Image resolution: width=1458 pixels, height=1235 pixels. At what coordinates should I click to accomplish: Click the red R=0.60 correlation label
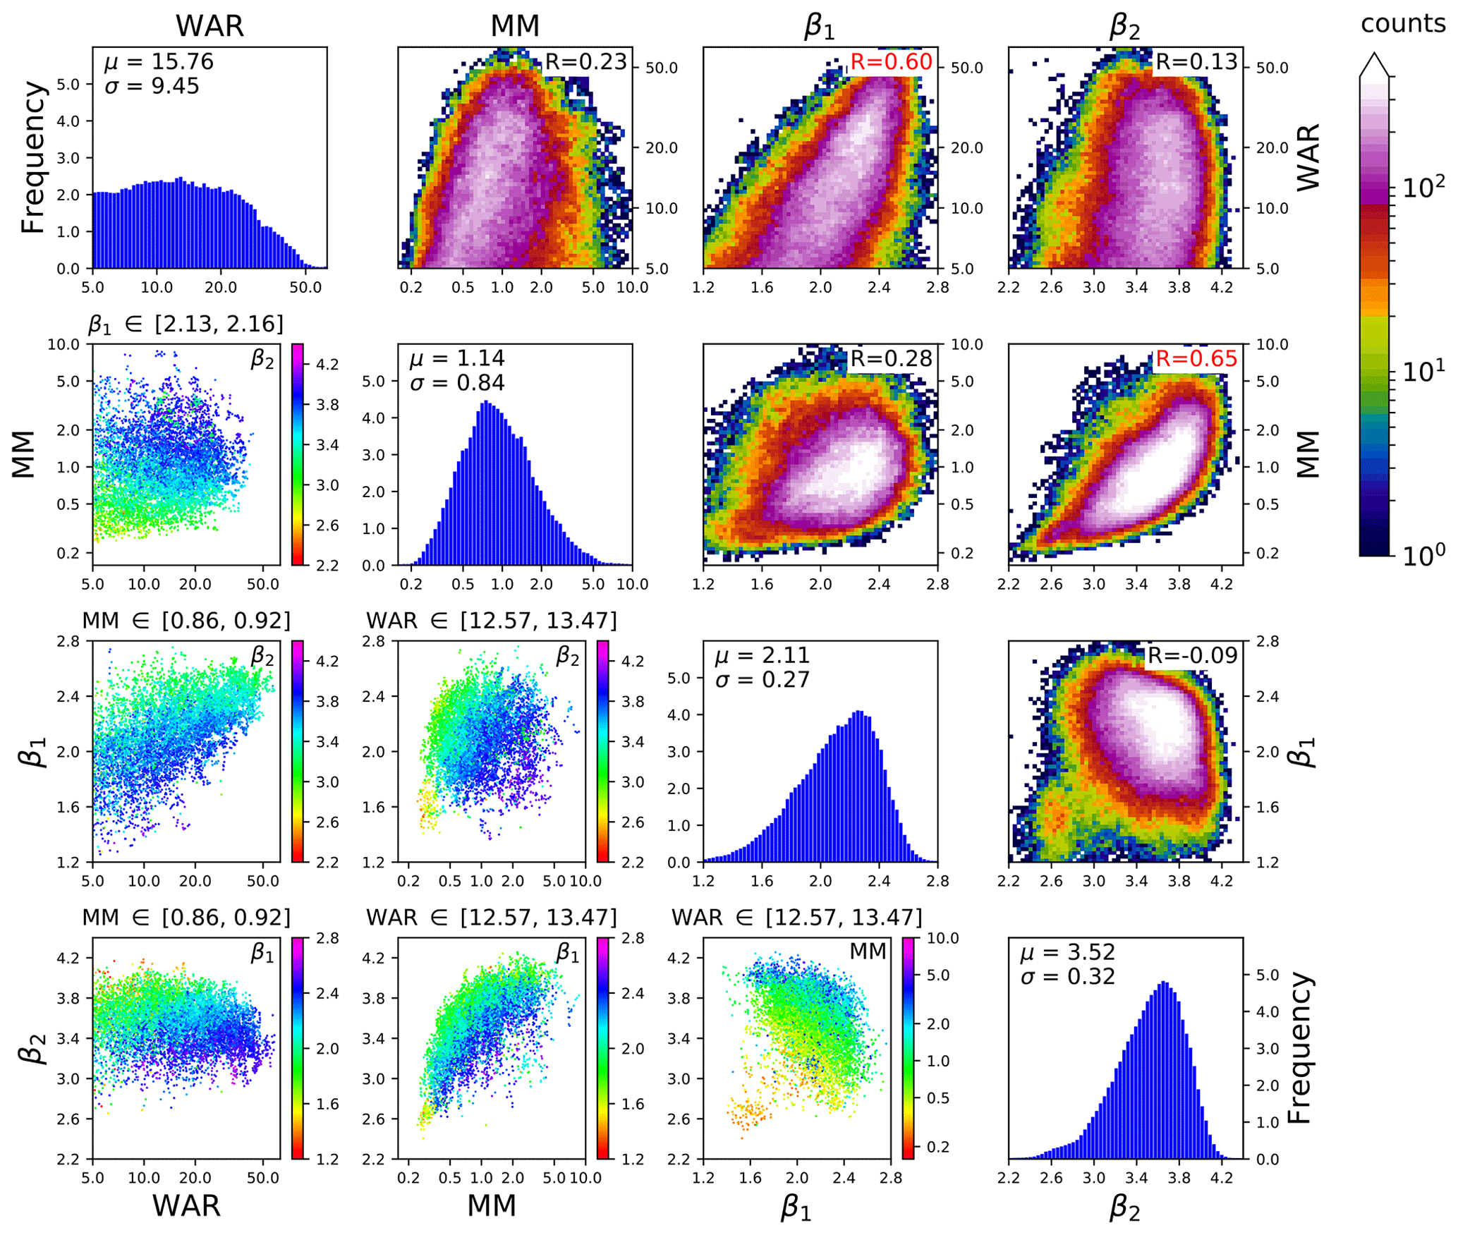[891, 62]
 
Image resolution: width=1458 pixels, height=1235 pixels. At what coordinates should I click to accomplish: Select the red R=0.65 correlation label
[1196, 359]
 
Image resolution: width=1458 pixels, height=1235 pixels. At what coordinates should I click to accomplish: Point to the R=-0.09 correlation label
[1192, 656]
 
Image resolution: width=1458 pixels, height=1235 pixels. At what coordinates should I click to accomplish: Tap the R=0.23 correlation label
[585, 62]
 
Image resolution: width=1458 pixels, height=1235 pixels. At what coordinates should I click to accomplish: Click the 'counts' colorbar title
[1403, 24]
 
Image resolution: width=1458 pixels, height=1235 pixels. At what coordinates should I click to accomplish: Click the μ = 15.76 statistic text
[159, 62]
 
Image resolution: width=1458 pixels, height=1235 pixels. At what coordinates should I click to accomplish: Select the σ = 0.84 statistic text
[457, 383]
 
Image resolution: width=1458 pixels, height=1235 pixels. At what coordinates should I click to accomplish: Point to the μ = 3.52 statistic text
[1068, 952]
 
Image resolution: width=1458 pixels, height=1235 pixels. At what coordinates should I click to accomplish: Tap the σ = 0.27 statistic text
[763, 680]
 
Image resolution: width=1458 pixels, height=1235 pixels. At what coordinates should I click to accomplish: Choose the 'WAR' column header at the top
[209, 26]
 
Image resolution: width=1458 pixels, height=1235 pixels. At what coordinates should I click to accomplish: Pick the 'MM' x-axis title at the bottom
[492, 1205]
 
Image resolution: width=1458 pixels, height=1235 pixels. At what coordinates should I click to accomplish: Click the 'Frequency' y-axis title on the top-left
[33, 157]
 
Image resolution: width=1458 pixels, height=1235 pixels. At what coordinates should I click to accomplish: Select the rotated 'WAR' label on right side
[1308, 157]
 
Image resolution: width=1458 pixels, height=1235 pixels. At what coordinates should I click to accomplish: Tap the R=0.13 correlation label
[1196, 62]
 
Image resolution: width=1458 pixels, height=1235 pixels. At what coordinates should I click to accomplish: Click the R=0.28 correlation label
[891, 359]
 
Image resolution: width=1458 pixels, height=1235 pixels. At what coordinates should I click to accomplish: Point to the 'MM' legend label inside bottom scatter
[868, 951]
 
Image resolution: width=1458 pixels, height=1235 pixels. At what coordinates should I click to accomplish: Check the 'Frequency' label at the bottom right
[1299, 1048]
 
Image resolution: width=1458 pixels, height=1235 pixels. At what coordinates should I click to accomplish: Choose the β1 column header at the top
[820, 26]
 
